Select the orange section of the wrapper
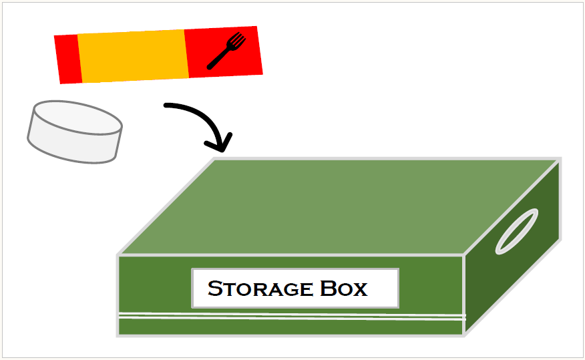point(132,56)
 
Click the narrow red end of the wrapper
point(68,59)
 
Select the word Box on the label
point(343,289)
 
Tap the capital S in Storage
point(215,289)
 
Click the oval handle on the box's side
point(516,231)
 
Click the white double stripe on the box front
point(290,315)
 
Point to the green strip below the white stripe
point(290,327)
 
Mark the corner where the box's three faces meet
point(463,255)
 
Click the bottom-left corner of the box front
point(118,335)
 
